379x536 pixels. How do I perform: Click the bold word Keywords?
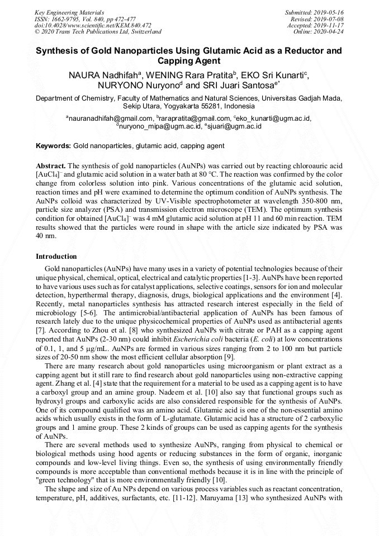pyautogui.click(x=53, y=146)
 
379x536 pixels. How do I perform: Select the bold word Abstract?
pyautogui.click(x=51, y=167)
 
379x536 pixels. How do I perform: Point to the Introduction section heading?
pyautogui.click(x=56, y=257)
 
